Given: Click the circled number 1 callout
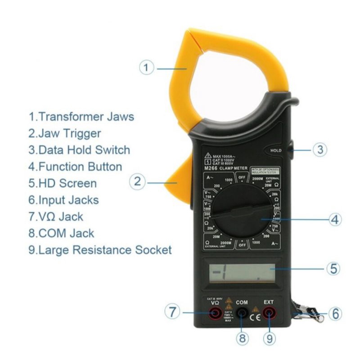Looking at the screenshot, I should (x=146, y=68).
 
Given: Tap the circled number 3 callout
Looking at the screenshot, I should (x=319, y=149).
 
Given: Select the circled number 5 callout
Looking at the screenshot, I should (x=333, y=269).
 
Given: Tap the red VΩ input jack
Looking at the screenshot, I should (x=216, y=313).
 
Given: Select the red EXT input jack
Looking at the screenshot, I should (x=269, y=313).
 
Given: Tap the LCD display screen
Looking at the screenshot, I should (x=242, y=273).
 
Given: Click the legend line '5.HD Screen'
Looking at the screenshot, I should (x=63, y=183).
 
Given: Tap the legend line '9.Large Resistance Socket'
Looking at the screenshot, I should (x=100, y=250).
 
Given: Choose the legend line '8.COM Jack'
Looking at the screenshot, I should (x=61, y=233).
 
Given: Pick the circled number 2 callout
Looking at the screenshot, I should (x=137, y=182).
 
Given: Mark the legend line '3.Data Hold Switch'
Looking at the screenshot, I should (x=79, y=150).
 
